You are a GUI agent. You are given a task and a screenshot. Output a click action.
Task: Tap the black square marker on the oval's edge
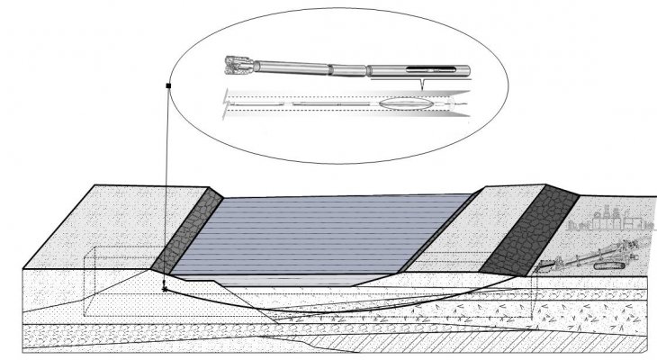[169, 85]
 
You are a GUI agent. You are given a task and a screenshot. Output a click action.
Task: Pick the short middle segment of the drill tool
[348, 68]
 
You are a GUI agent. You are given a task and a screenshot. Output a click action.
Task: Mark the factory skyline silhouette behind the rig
[612, 220]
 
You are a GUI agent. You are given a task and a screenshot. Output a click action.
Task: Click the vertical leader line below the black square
[167, 180]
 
